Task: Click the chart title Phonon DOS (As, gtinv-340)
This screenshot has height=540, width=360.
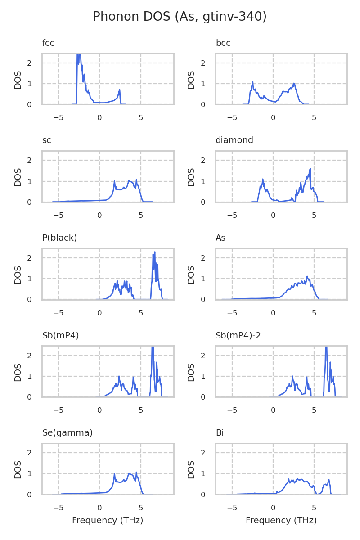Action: point(180,17)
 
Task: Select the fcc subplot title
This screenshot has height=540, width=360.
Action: point(48,43)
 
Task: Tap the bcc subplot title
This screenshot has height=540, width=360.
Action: point(223,43)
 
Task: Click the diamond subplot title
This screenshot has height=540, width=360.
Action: point(234,140)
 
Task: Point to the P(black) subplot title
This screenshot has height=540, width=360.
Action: point(59,238)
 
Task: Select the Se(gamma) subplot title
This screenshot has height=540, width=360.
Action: point(67,433)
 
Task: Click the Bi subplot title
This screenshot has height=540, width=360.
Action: point(220,433)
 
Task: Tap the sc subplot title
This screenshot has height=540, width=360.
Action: point(46,140)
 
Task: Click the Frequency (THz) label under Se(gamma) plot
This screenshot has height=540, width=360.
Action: point(108,521)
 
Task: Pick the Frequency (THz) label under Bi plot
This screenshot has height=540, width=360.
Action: point(281,521)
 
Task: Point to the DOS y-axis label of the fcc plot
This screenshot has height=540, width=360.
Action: point(18,79)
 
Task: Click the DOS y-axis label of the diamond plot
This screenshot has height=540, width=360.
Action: point(191,177)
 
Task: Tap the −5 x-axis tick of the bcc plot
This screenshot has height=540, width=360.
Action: point(232,118)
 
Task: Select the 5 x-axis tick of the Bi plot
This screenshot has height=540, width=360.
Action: point(314,508)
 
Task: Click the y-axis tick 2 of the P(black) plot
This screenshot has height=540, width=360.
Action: point(30,258)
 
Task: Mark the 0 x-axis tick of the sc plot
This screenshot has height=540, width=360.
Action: point(99,215)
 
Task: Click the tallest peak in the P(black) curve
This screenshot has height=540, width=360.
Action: point(155,252)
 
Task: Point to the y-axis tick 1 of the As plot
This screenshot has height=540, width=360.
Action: point(203,279)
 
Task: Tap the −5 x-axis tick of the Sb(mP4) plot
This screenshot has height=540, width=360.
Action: point(58,410)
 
